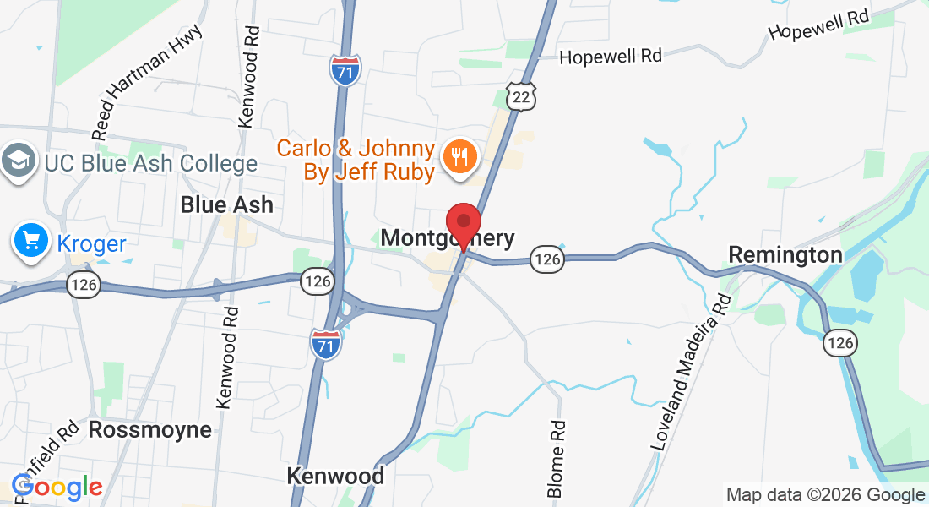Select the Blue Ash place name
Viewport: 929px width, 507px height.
coord(226,205)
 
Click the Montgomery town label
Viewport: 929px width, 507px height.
coord(447,238)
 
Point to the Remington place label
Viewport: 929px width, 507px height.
coord(785,254)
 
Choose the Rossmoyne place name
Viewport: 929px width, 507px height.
coord(149,429)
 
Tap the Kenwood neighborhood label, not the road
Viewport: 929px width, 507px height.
coord(335,476)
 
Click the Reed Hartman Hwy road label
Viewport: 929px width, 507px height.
coord(148,81)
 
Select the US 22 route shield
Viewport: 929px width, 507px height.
coord(521,97)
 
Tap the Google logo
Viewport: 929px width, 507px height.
coord(57,488)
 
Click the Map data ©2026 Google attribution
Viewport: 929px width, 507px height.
coord(825,495)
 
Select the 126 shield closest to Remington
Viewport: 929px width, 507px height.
coord(842,341)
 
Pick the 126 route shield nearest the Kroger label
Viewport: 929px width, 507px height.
coord(85,285)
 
